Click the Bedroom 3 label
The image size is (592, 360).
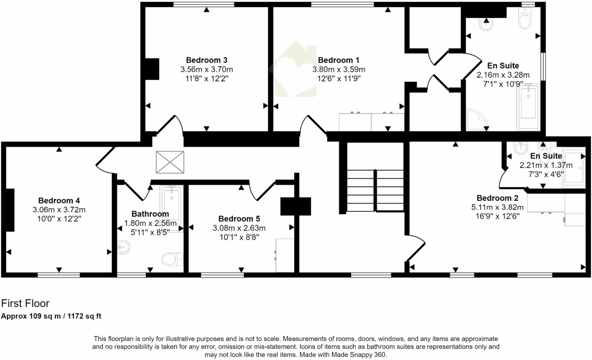pyautogui.click(x=206, y=60)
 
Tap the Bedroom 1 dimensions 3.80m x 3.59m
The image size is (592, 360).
pyautogui.click(x=338, y=69)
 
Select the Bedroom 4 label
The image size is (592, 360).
pyautogui.click(x=59, y=201)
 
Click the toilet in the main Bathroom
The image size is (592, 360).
pyautogui.click(x=172, y=259)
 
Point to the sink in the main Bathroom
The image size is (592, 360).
pyautogui.click(x=123, y=247)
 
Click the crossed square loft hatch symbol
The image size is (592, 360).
pyautogui.click(x=170, y=162)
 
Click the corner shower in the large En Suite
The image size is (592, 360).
pyautogui.click(x=476, y=119)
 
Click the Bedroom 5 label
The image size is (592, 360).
pyautogui.click(x=239, y=219)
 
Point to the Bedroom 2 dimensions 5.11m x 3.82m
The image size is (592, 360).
pyautogui.click(x=497, y=207)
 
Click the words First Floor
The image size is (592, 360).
pyautogui.click(x=25, y=303)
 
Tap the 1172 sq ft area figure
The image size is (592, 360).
pyautogui.click(x=84, y=316)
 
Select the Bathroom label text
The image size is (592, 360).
pyautogui.click(x=150, y=214)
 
